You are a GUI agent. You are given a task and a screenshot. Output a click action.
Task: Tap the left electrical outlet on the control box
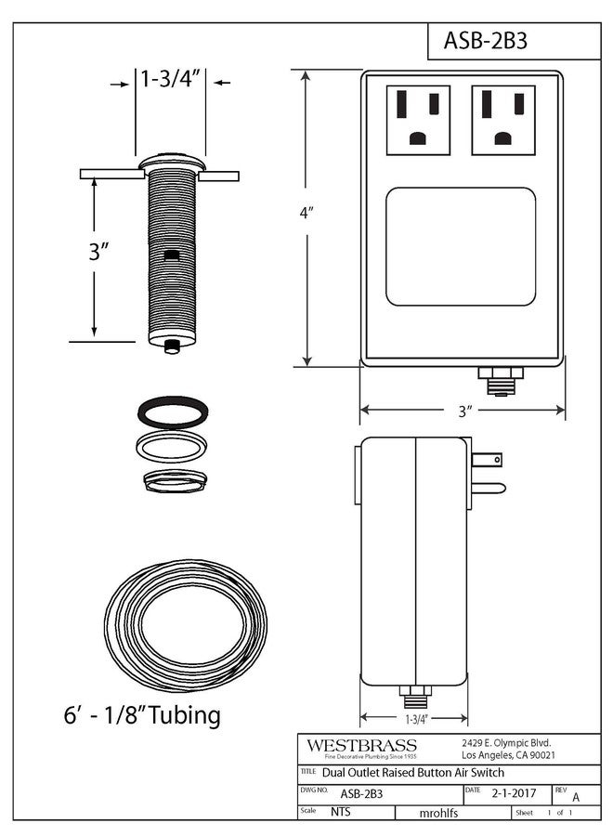(417, 120)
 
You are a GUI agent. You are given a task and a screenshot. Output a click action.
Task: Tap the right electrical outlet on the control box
(502, 120)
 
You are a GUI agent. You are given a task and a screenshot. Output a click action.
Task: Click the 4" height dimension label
(306, 213)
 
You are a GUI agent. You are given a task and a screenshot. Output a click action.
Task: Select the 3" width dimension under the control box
(464, 410)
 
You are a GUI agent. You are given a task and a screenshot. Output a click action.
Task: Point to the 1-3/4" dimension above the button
(171, 79)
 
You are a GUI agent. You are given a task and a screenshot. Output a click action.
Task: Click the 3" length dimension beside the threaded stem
(99, 251)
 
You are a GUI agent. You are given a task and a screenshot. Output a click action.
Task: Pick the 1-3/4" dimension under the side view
(415, 718)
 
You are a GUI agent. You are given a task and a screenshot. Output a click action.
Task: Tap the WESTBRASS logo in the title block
(362, 746)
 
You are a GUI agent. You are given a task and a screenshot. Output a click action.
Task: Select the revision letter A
(576, 796)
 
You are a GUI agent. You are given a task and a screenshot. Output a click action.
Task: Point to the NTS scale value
(342, 812)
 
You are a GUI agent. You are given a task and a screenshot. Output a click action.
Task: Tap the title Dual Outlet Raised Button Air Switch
(413, 773)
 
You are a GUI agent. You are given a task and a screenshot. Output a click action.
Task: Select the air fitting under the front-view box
(501, 379)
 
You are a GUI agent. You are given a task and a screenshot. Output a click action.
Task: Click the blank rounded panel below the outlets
(461, 246)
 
